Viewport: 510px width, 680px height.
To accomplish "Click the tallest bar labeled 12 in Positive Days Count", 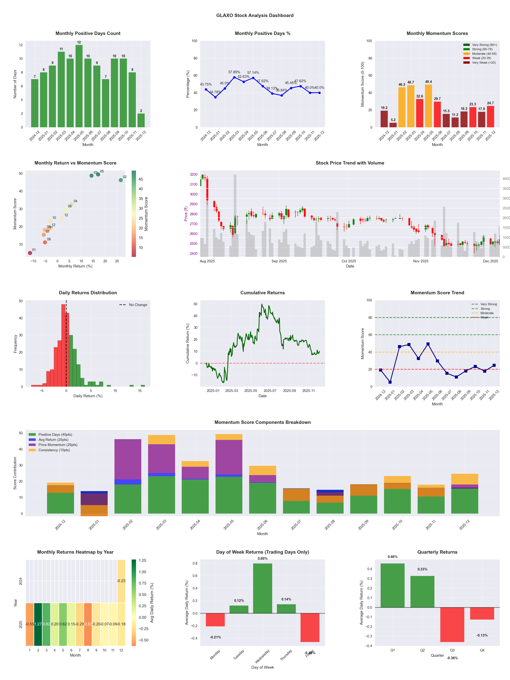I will pyautogui.click(x=79, y=86).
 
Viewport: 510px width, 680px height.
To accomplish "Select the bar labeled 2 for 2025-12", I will pyautogui.click(x=141, y=121).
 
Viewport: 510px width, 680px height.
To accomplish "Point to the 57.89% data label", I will pyautogui.click(x=234, y=72).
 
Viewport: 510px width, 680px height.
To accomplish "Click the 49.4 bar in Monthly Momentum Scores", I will pyautogui.click(x=428, y=106).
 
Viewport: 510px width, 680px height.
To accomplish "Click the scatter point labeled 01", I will pyautogui.click(x=30, y=253).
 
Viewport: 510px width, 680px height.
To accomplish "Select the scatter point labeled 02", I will pyautogui.click(x=121, y=180).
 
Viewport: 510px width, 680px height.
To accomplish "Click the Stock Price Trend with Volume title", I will pyautogui.click(x=350, y=163).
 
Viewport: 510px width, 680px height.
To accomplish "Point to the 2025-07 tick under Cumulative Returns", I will pyautogui.click(x=270, y=391).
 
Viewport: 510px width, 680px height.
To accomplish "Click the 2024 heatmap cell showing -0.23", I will pyautogui.click(x=121, y=581).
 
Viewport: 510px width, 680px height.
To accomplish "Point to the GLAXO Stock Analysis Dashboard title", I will pyautogui.click(x=255, y=15).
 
